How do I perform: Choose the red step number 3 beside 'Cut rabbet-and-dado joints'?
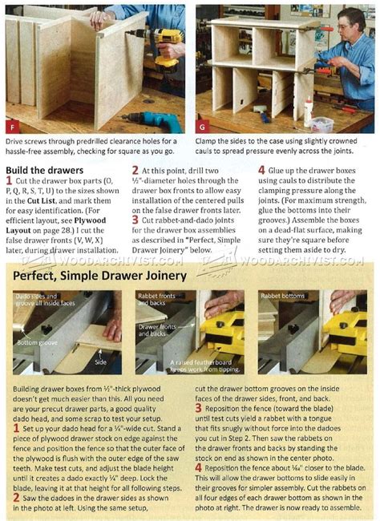pos(135,219)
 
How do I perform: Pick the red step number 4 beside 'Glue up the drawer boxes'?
pos(262,171)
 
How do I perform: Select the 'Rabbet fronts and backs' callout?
pos(156,300)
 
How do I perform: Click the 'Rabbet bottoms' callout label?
pos(283,296)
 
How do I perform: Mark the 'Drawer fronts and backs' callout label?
pos(157,328)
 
